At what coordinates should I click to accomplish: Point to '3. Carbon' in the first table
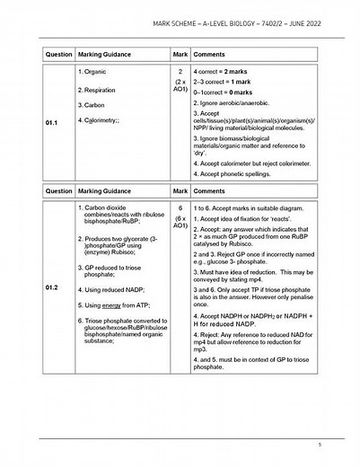(94, 130)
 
